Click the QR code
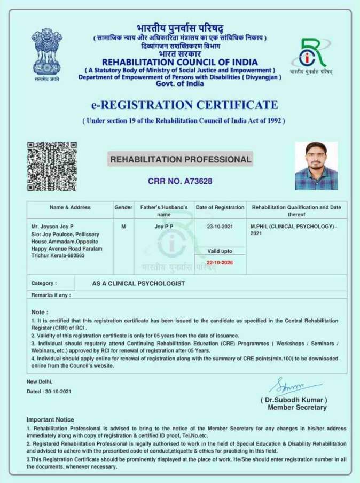coord(52,166)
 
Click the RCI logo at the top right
coord(311,54)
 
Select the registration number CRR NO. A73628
coord(180,181)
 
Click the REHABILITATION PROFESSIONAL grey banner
coord(180,159)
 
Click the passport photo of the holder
coord(316,166)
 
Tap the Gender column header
coord(123,207)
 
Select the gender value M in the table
coord(123,227)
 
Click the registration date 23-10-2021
coord(220,227)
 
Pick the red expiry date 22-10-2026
coord(220,262)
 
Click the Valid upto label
coord(220,251)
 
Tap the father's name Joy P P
coord(164,227)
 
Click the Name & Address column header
coord(70,207)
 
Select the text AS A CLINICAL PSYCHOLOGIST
coord(138,283)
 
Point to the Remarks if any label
coord(51,295)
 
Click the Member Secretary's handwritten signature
coord(294,386)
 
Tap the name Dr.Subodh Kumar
coord(294,400)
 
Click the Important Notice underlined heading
coord(50,419)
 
